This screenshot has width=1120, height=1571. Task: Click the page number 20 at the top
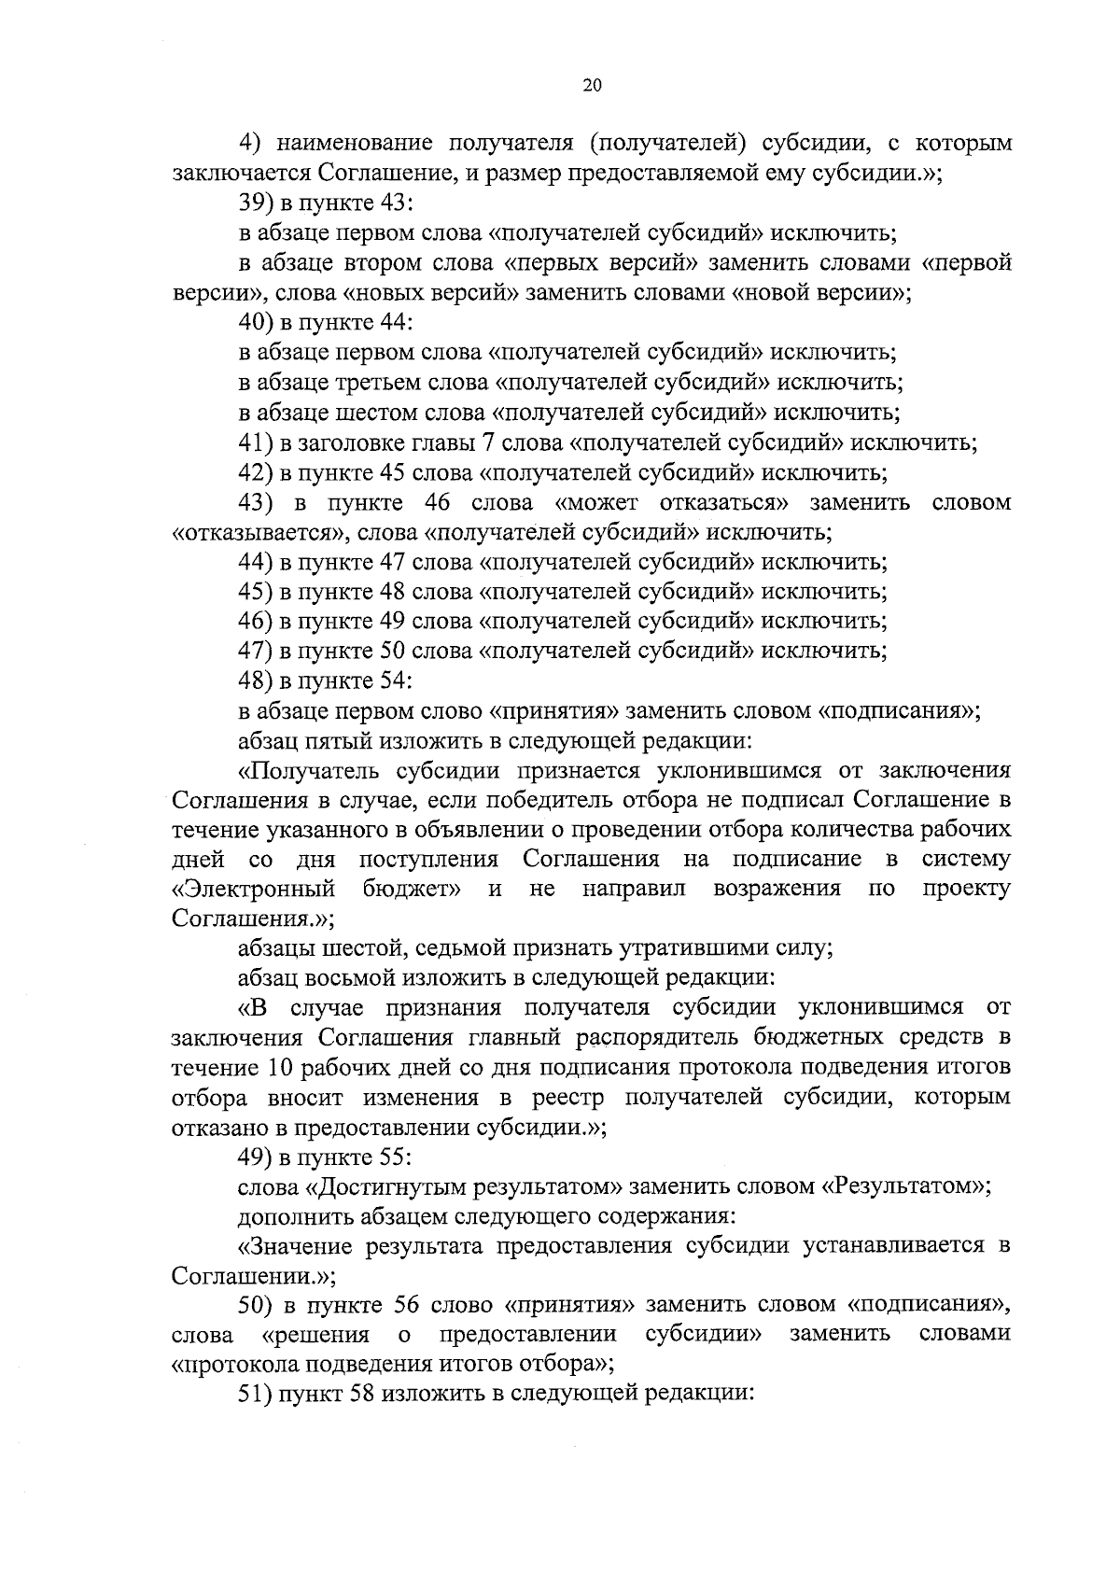[x=592, y=85]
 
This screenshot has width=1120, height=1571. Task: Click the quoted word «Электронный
[x=255, y=889]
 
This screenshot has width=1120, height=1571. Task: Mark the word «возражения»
[x=777, y=889]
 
